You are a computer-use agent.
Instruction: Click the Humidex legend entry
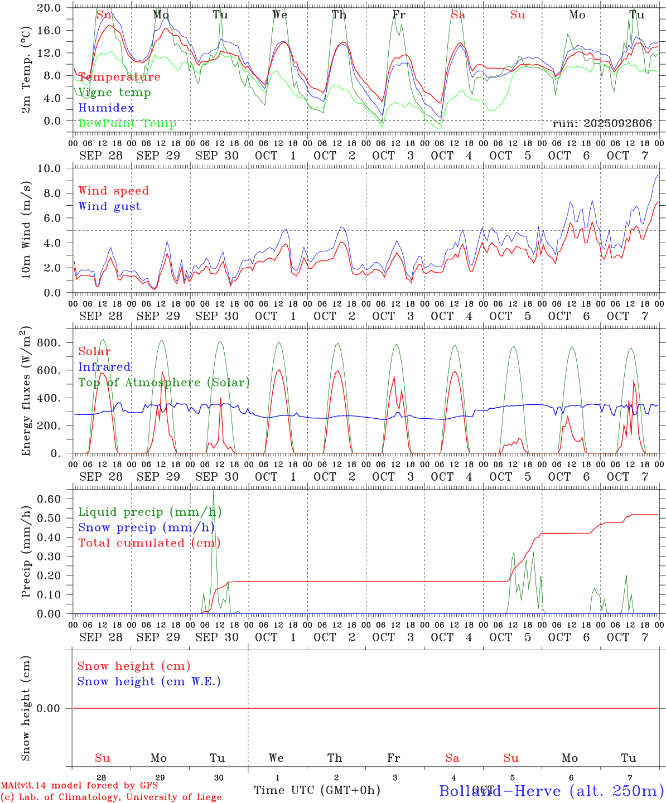(106, 108)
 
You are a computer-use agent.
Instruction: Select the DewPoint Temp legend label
(127, 123)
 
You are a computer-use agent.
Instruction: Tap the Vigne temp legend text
(114, 92)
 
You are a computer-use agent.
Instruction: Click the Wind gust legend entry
(109, 206)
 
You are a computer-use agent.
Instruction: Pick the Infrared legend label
(104, 367)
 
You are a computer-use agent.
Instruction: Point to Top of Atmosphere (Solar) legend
(164, 383)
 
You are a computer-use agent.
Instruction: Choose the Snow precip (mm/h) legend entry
(146, 528)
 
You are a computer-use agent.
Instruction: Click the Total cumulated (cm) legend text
(149, 543)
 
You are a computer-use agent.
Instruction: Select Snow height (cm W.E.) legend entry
(149, 681)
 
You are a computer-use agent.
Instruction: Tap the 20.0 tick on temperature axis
(50, 8)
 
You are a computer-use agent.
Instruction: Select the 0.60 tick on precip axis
(50, 499)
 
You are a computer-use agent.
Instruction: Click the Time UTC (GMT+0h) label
(317, 790)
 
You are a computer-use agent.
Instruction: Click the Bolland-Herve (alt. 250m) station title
(551, 790)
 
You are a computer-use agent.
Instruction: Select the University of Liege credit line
(111, 797)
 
